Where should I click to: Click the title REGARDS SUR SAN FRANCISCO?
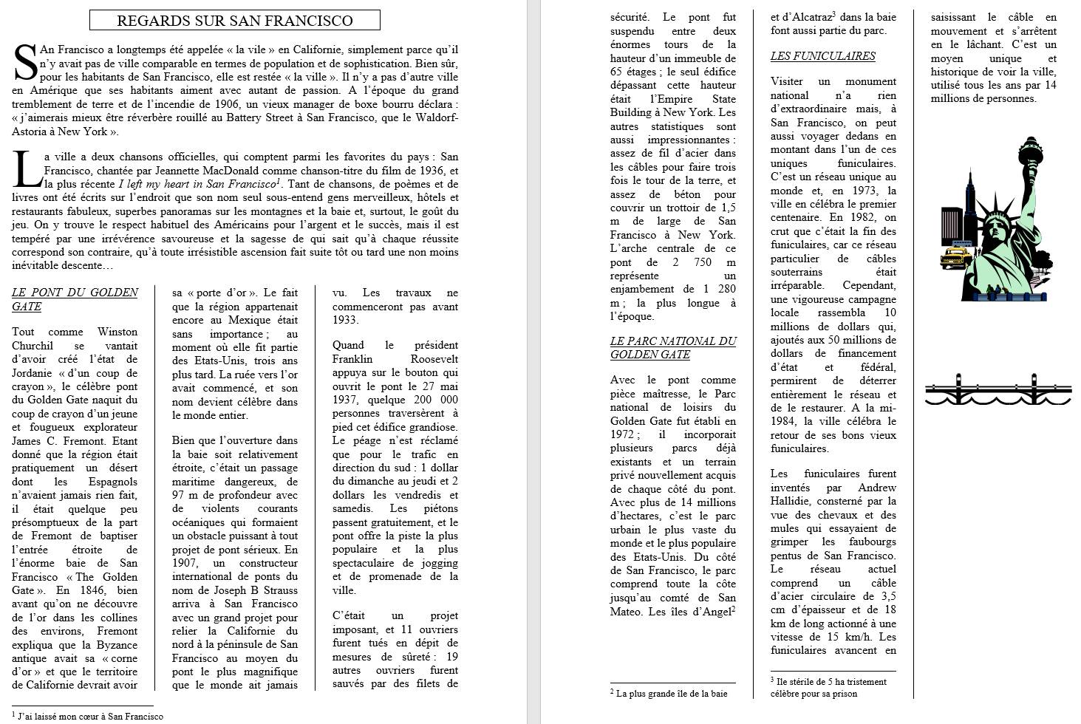(234, 21)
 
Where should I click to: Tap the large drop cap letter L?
(27, 170)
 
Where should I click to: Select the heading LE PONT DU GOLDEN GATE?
(75, 299)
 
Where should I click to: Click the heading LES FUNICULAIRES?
(822, 56)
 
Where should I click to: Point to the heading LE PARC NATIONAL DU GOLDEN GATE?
(672, 347)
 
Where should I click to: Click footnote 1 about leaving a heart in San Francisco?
(89, 716)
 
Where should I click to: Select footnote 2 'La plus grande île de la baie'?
(669, 694)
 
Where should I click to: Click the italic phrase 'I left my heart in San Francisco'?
(197, 184)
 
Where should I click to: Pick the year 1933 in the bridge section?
(345, 320)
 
